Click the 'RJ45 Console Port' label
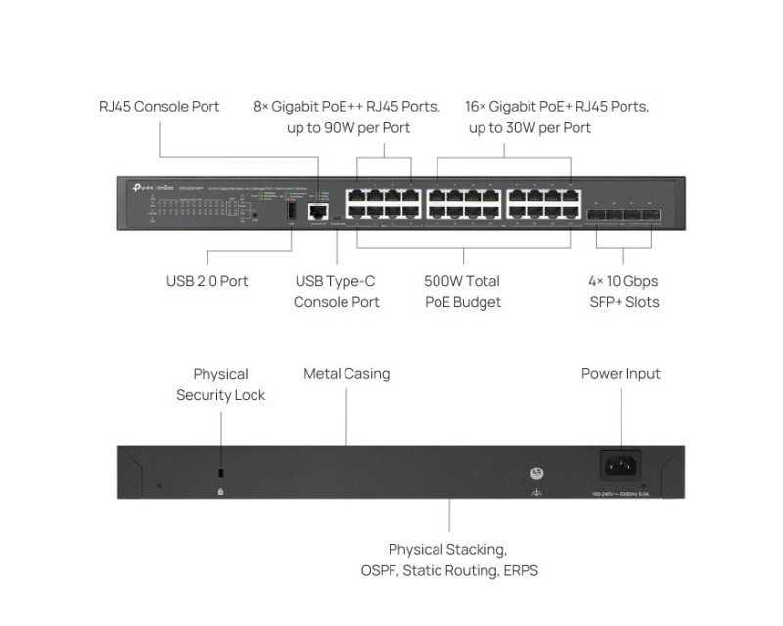click(160, 106)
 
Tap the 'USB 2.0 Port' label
click(207, 281)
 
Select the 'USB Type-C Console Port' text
click(336, 291)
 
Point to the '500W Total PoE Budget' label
click(462, 291)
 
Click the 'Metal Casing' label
click(346, 373)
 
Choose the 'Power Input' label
click(621, 373)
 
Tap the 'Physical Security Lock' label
click(220, 384)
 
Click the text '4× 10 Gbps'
click(623, 281)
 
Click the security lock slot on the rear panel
click(220, 472)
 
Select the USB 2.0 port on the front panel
click(291, 210)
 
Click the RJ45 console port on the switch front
click(317, 210)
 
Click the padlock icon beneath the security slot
click(220, 489)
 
